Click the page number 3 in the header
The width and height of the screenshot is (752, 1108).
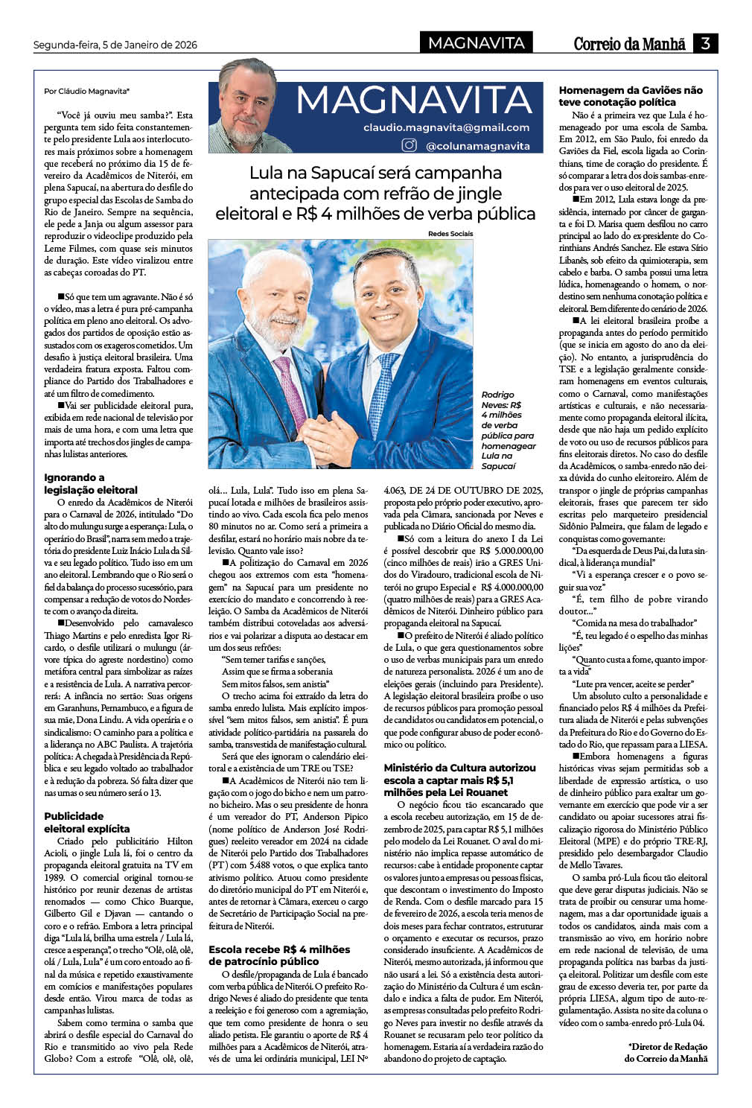tap(705, 43)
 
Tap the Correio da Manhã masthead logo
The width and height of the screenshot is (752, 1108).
tap(629, 44)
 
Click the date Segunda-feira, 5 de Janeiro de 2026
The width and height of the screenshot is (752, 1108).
tap(115, 45)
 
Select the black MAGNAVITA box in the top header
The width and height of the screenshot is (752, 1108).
tap(477, 43)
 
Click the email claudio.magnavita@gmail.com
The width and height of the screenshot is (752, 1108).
tap(447, 127)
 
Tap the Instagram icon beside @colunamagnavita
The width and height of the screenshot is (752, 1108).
tap(409, 145)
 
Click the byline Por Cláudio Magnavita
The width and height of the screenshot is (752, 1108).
tap(86, 91)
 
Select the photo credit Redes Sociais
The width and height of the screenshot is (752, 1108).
tap(450, 234)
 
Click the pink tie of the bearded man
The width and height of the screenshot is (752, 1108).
tap(290, 387)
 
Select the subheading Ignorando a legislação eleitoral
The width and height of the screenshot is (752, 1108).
tap(91, 483)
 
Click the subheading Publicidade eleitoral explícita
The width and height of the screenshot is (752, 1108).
tap(86, 822)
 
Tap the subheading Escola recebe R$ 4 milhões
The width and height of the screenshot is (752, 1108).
tap(279, 955)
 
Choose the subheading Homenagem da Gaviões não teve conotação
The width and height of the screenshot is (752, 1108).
tap(631, 96)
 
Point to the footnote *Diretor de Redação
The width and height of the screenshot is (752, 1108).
tap(666, 1051)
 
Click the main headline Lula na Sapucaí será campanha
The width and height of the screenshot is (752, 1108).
tap(375, 193)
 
